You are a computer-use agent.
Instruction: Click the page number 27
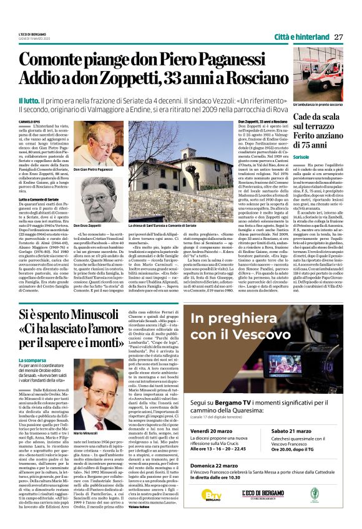pos(338,36)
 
